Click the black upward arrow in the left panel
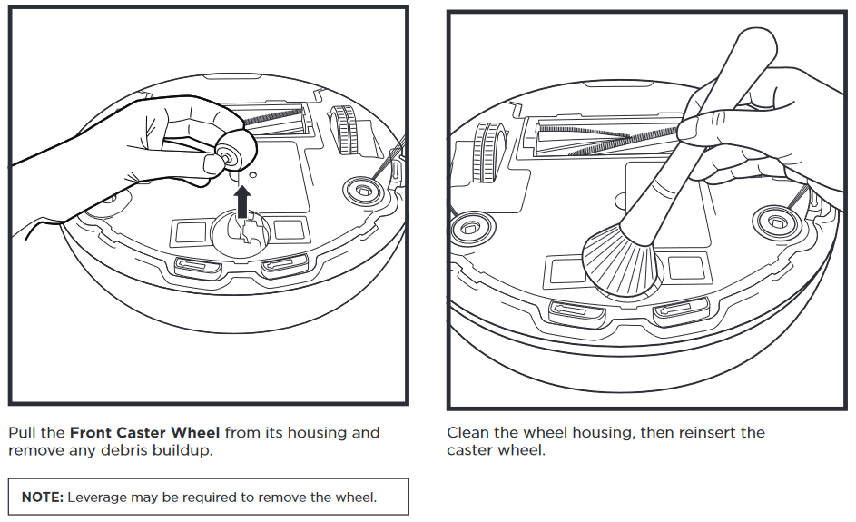click(242, 201)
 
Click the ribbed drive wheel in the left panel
click(344, 131)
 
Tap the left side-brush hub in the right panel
click(470, 225)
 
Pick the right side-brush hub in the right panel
click(774, 220)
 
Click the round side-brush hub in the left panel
click(360, 190)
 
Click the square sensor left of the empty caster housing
click(191, 231)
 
